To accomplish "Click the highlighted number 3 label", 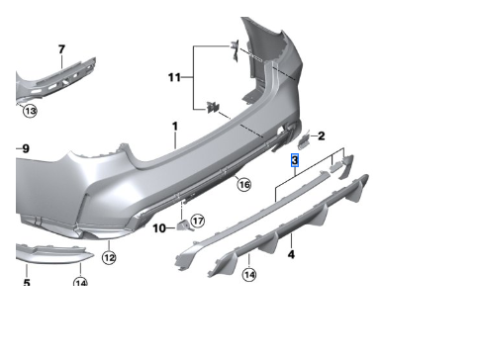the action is coord(295,160).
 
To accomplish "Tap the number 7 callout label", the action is coord(61,49).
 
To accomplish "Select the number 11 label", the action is coord(174,77).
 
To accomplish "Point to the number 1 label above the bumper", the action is coord(175,126).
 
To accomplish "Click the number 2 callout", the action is coord(321,135).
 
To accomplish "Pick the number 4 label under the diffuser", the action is coord(291,254).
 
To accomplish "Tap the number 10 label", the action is coord(159,228).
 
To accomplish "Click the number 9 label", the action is coord(26,148).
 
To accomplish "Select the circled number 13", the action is coord(30,111).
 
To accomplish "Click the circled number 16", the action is coord(244,184).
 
